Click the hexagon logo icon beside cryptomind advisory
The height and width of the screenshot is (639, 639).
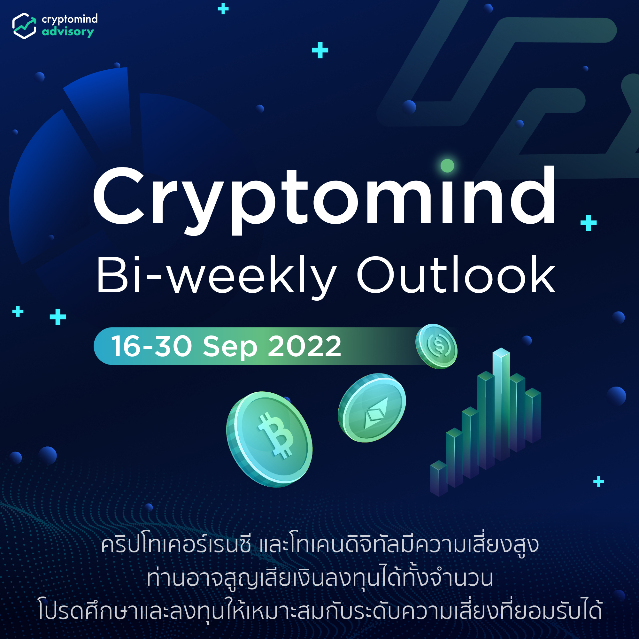coord(24,26)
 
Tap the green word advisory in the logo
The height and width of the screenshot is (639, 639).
coord(68,32)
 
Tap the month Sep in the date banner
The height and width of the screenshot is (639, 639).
coord(230,347)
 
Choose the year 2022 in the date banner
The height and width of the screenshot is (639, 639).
coord(304,346)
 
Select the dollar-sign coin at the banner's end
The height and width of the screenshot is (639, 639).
coord(436,346)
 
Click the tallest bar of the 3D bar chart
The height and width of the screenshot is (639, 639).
coord(501,404)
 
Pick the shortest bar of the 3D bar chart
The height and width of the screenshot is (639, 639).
coord(438,478)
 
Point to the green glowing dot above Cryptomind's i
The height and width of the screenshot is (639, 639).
coord(447,166)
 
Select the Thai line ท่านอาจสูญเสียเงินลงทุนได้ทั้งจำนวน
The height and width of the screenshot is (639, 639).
coord(319,578)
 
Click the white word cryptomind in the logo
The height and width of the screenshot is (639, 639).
coord(69,19)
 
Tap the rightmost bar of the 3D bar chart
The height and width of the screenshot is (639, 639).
coord(533,415)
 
